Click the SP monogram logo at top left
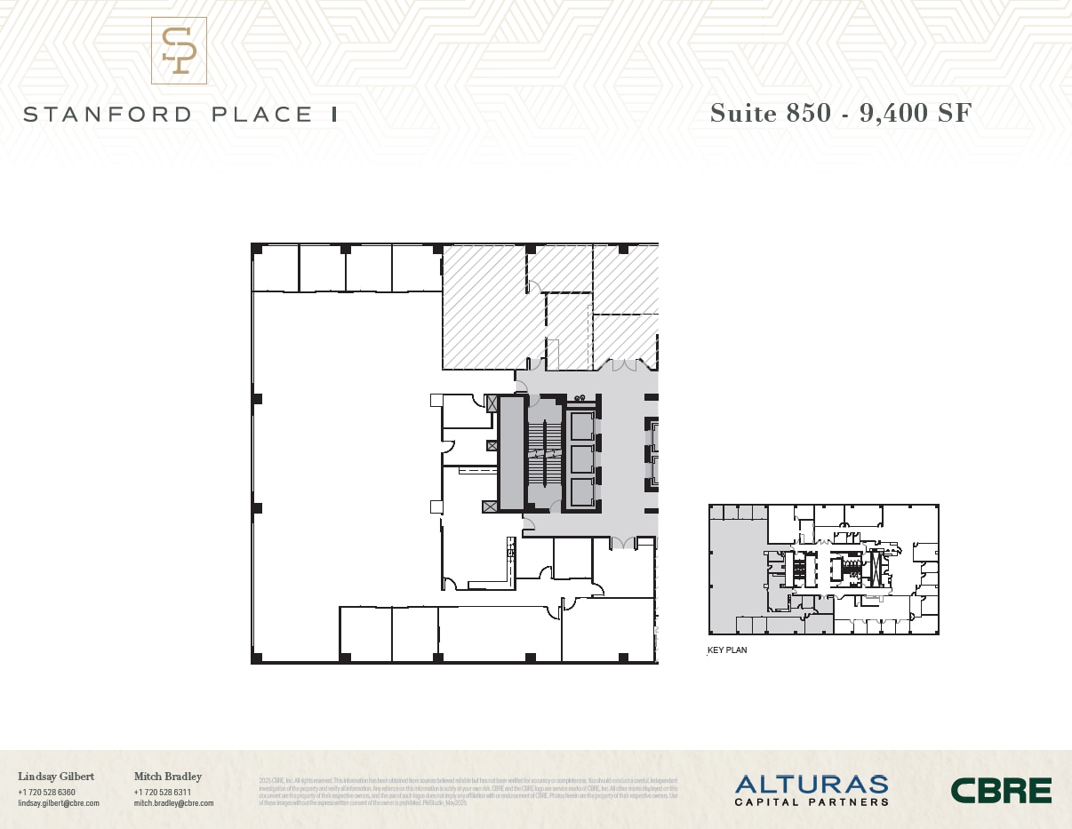pyautogui.click(x=179, y=51)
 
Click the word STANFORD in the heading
pyautogui.click(x=108, y=115)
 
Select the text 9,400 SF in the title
pyautogui.click(x=916, y=113)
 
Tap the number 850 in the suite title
pyautogui.click(x=807, y=113)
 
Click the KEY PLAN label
pyautogui.click(x=727, y=650)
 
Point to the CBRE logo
pyautogui.click(x=1001, y=790)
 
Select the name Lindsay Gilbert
pyautogui.click(x=56, y=777)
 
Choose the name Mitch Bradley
pyautogui.click(x=168, y=777)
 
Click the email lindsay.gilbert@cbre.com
pyautogui.click(x=59, y=803)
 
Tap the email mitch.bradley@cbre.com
pyautogui.click(x=174, y=803)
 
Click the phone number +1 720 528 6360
pyautogui.click(x=46, y=792)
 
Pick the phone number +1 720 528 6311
pyautogui.click(x=163, y=792)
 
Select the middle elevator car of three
pyautogui.click(x=582, y=459)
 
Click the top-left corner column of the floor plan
pyautogui.click(x=257, y=249)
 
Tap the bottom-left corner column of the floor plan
pyautogui.click(x=257, y=658)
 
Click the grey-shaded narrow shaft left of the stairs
pyautogui.click(x=511, y=453)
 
